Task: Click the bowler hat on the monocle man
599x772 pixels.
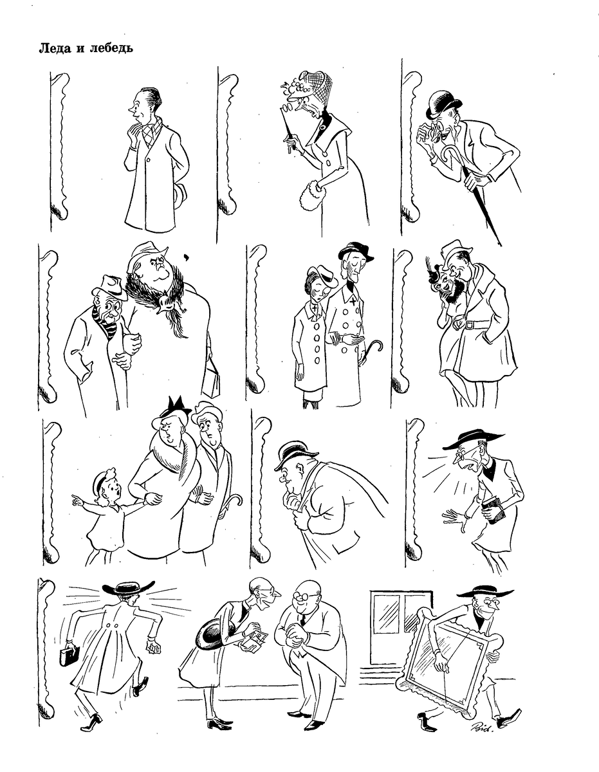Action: tap(442, 105)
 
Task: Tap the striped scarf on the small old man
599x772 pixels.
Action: tap(102, 321)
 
